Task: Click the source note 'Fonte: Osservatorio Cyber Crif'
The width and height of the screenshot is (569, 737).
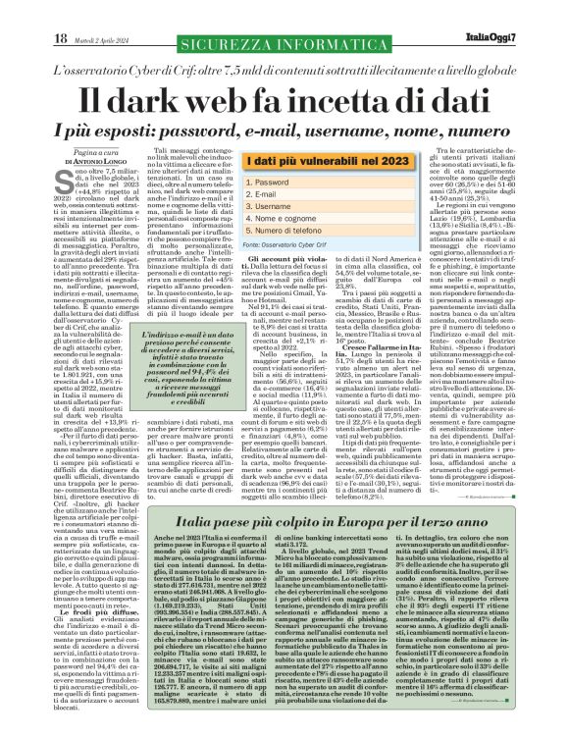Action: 256,245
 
